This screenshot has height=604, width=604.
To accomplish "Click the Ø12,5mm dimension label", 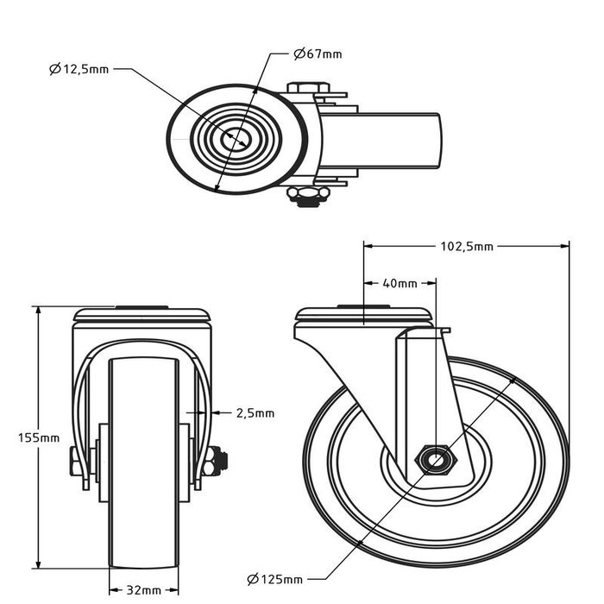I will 79,68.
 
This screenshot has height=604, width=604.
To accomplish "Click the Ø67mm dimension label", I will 318,54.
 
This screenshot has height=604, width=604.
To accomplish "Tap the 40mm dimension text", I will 400,283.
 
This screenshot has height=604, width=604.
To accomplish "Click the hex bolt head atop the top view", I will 306,88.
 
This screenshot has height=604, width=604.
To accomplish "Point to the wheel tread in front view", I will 144,518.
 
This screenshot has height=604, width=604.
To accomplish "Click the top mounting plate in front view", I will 143,316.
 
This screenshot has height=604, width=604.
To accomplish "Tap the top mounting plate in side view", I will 363,316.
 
